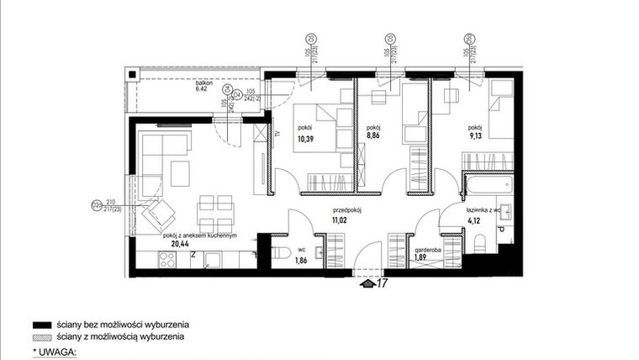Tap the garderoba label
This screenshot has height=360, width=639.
tap(429, 250)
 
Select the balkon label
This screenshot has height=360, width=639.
tap(203, 82)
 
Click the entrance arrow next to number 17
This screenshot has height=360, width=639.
tap(366, 283)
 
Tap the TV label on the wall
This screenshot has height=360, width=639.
tap(277, 134)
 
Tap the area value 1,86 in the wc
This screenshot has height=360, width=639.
tap(301, 261)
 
